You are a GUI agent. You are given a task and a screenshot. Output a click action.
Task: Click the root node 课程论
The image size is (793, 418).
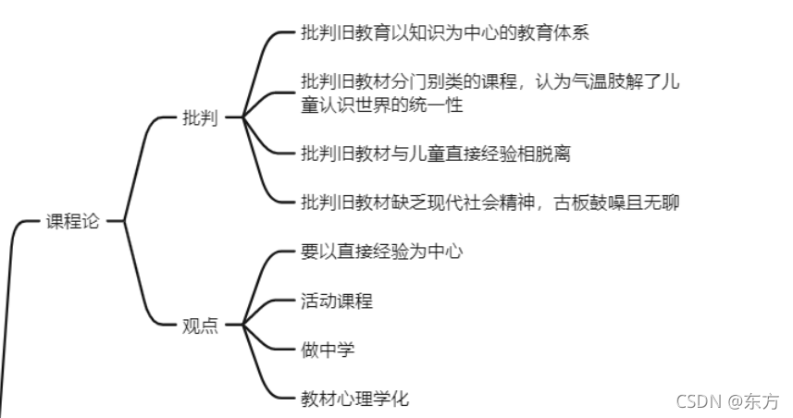coord(72,221)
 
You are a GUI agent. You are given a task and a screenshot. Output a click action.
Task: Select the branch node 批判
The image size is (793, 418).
coord(201,117)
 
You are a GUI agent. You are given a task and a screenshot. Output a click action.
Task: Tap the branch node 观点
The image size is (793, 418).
coord(201,326)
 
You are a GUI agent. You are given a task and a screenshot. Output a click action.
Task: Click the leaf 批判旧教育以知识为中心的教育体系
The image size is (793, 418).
coord(445,33)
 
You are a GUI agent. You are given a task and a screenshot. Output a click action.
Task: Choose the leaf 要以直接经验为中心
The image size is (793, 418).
coord(381,251)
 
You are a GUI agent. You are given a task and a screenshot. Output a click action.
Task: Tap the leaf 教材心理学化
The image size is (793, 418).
coord(354,399)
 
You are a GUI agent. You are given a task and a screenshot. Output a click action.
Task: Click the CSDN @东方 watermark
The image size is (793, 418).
coord(727,400)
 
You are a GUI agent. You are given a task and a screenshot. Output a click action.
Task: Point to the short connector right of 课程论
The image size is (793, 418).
coord(115,222)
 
